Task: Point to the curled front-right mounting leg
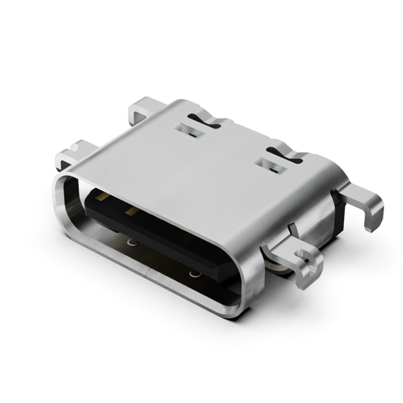click(x=309, y=261)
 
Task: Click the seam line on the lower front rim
click(x=149, y=272)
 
